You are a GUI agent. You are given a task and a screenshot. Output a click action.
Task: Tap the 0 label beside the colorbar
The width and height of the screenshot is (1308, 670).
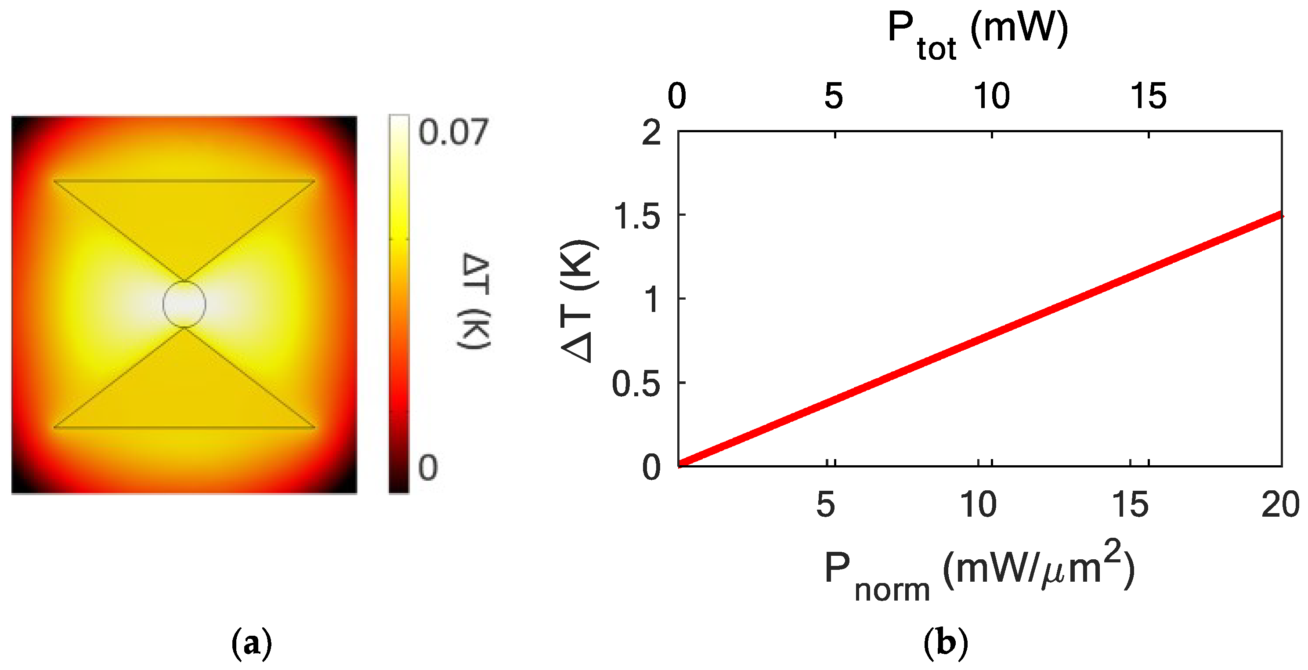click(427, 467)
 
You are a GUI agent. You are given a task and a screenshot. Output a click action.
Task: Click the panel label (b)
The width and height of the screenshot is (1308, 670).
click(946, 643)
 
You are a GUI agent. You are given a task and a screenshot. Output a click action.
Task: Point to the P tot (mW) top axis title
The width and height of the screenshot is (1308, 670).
click(977, 35)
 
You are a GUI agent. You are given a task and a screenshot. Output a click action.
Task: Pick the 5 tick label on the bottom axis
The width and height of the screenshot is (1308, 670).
click(826, 505)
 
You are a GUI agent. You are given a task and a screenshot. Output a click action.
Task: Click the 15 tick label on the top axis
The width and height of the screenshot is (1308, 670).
click(1148, 96)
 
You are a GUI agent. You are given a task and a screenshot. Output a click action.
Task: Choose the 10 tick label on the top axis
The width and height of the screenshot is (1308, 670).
click(991, 96)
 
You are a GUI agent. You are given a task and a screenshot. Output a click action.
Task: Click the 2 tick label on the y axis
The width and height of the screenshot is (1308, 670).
click(651, 133)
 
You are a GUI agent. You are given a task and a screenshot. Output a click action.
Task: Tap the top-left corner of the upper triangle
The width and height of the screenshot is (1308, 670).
click(54, 180)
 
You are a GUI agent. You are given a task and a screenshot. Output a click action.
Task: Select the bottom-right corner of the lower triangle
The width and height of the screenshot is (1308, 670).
click(315, 427)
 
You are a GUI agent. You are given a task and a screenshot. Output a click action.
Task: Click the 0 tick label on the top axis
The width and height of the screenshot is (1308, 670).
click(677, 96)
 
